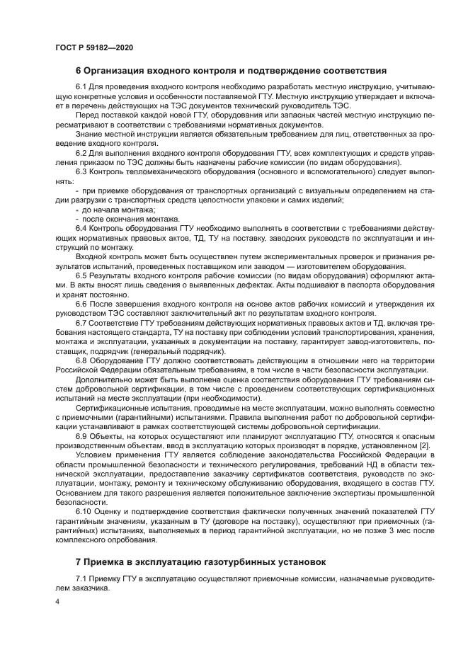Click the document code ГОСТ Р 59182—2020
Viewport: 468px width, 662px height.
click(x=93, y=47)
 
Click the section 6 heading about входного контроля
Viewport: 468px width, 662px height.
click(x=231, y=71)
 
